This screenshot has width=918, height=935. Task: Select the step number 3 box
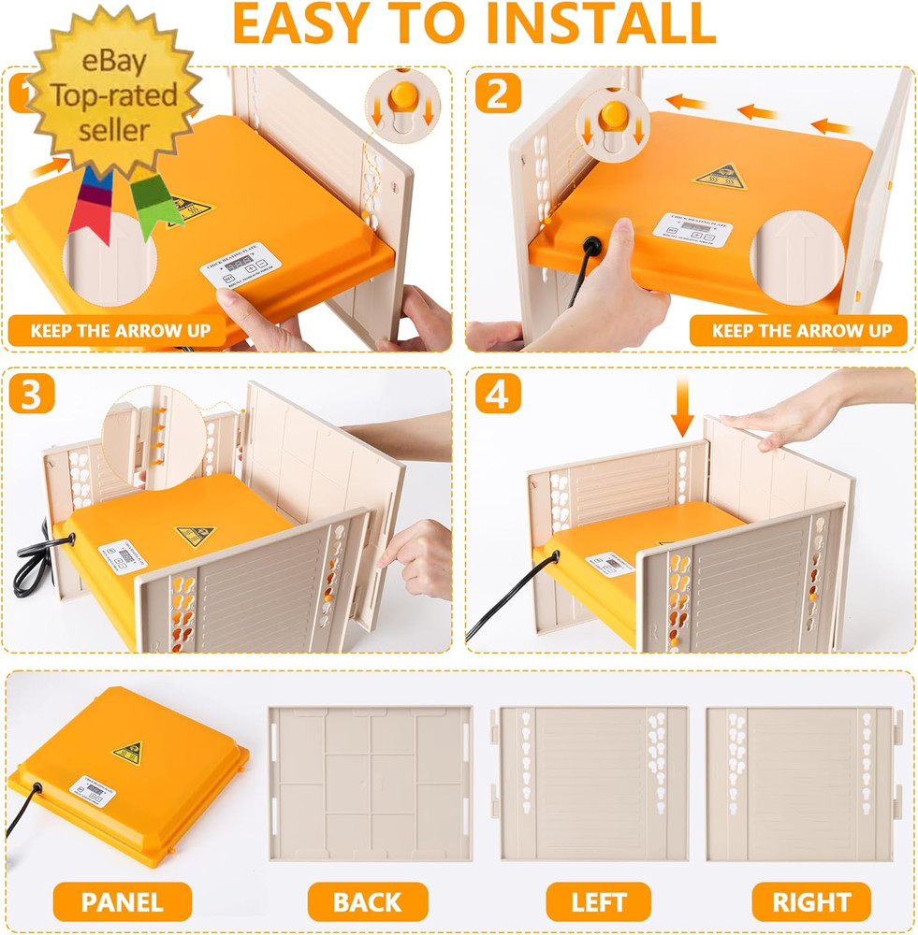(x=31, y=395)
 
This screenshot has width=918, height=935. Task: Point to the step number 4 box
(x=496, y=395)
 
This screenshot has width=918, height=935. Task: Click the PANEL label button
(x=122, y=902)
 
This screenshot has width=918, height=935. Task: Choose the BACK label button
(x=367, y=902)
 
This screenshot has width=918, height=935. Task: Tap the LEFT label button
(x=599, y=902)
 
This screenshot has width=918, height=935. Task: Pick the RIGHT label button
(x=811, y=902)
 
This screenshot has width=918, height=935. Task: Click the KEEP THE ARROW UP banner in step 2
(x=801, y=330)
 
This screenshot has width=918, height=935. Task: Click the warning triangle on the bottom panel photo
(x=127, y=753)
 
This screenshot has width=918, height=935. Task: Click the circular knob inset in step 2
(x=613, y=122)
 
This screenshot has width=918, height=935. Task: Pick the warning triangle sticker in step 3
(x=195, y=535)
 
